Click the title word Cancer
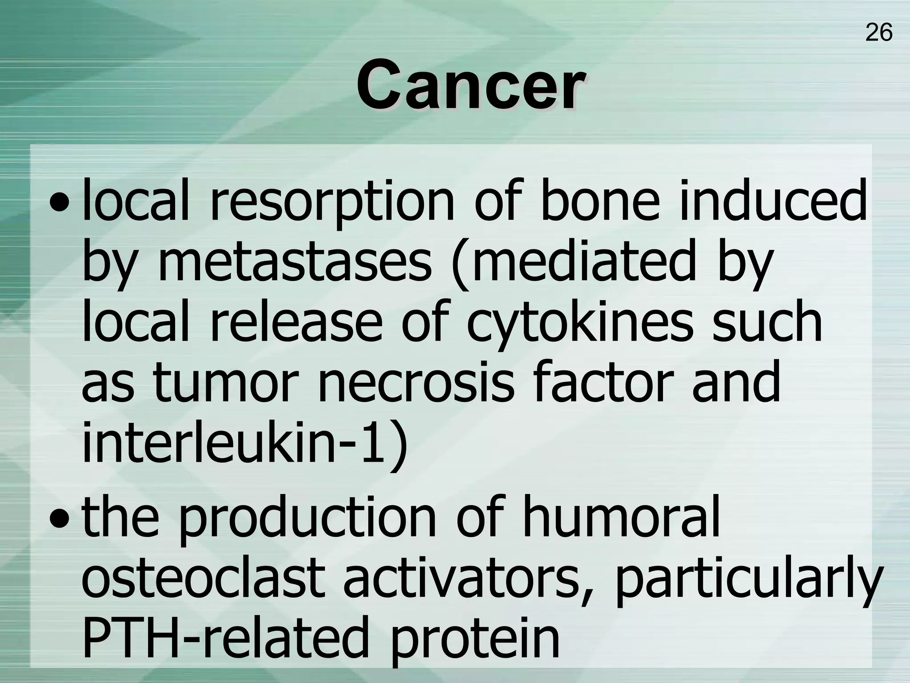point(470,84)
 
